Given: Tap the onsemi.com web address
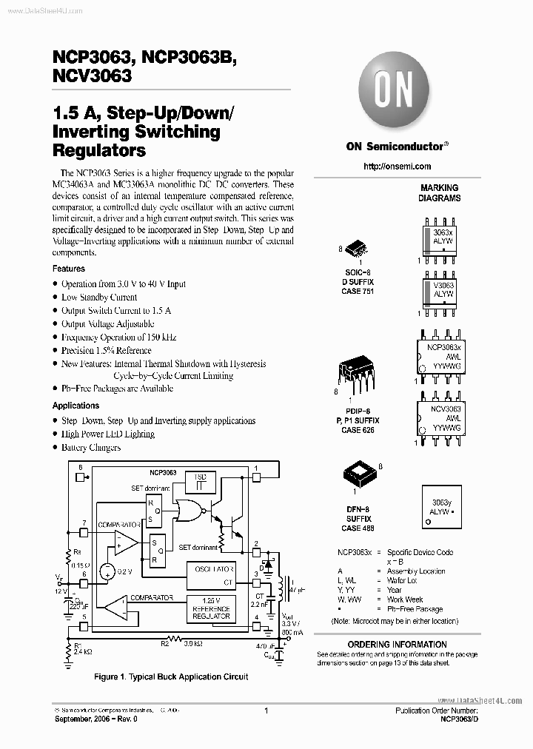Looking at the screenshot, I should [x=397, y=167].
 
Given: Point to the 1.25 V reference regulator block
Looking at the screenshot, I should [x=212, y=608].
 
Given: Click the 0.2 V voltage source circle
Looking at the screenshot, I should [x=107, y=571].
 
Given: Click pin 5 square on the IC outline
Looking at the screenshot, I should [x=84, y=626].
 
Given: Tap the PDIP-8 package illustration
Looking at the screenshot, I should [x=355, y=373].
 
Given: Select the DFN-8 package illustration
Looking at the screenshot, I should [x=359, y=474].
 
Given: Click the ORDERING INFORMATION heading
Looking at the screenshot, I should [x=397, y=645].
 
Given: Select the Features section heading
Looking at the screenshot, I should [x=69, y=269].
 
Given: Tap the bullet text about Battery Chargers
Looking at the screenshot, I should [x=90, y=448].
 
